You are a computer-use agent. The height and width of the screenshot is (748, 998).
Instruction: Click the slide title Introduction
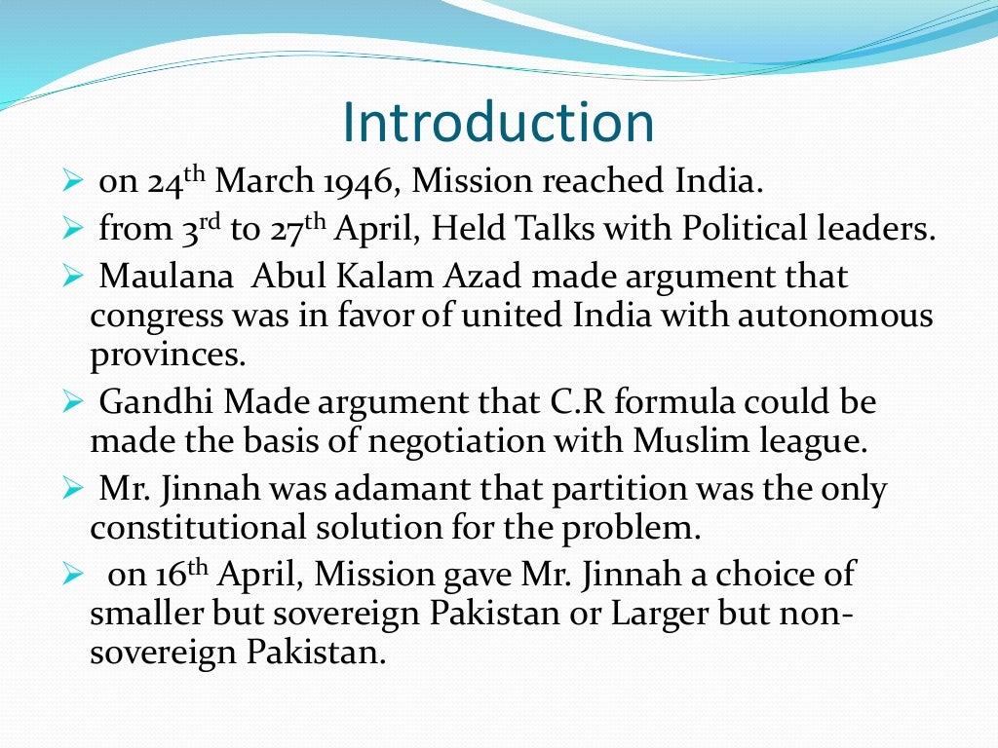tap(498, 123)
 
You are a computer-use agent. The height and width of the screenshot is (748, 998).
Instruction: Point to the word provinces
tap(167, 356)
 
